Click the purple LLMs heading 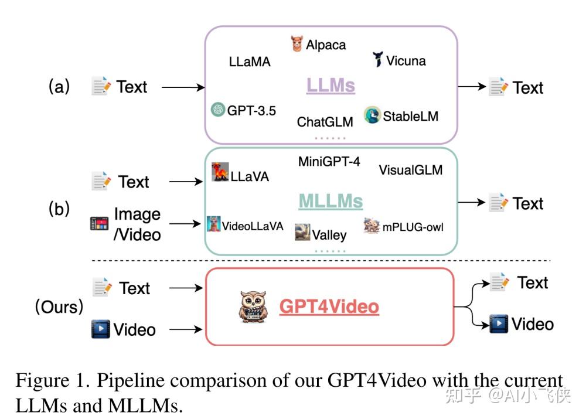[331, 86]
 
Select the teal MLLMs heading [331, 201]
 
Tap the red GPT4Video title [329, 306]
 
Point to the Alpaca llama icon [297, 44]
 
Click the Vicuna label [406, 61]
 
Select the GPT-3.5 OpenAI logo [218, 110]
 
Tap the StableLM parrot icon [372, 115]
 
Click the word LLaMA [250, 62]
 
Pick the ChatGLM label [325, 122]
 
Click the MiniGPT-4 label [329, 162]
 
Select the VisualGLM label [410, 171]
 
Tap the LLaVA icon [220, 172]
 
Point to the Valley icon [302, 231]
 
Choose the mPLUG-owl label [413, 226]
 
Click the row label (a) [59, 87]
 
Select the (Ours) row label [59, 306]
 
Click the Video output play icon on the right [498, 323]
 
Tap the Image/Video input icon [100, 224]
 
